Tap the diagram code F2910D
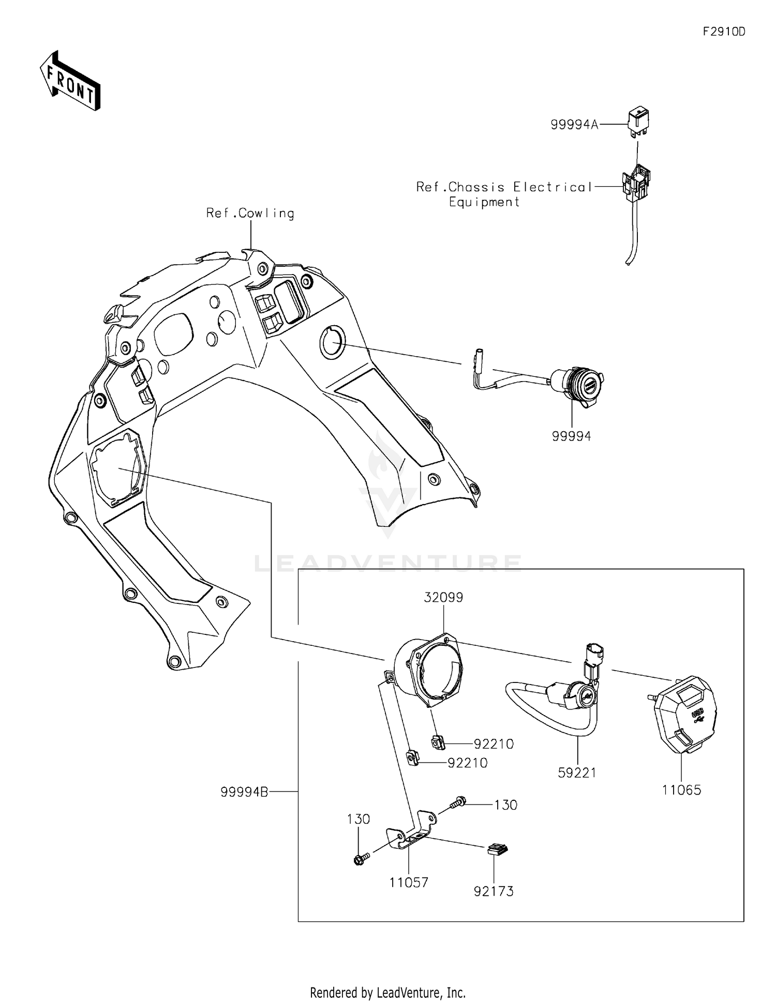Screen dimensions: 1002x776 pyautogui.click(x=724, y=32)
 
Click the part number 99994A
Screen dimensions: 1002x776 pyautogui.click(x=574, y=125)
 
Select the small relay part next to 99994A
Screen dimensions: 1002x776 pyautogui.click(x=639, y=123)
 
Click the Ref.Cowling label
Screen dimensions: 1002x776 pyautogui.click(x=250, y=213)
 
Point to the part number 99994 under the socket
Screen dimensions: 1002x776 pyautogui.click(x=571, y=436)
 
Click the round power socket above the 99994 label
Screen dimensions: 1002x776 pyautogui.click(x=579, y=383)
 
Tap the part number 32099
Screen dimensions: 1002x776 pyautogui.click(x=443, y=598)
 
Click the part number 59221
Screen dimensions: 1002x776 pyautogui.click(x=577, y=773)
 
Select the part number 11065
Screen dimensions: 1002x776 pyautogui.click(x=681, y=790)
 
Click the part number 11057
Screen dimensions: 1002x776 pyautogui.click(x=409, y=883)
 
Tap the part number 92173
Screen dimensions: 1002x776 pyautogui.click(x=494, y=891)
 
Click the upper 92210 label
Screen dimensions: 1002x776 pyautogui.click(x=494, y=744)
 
